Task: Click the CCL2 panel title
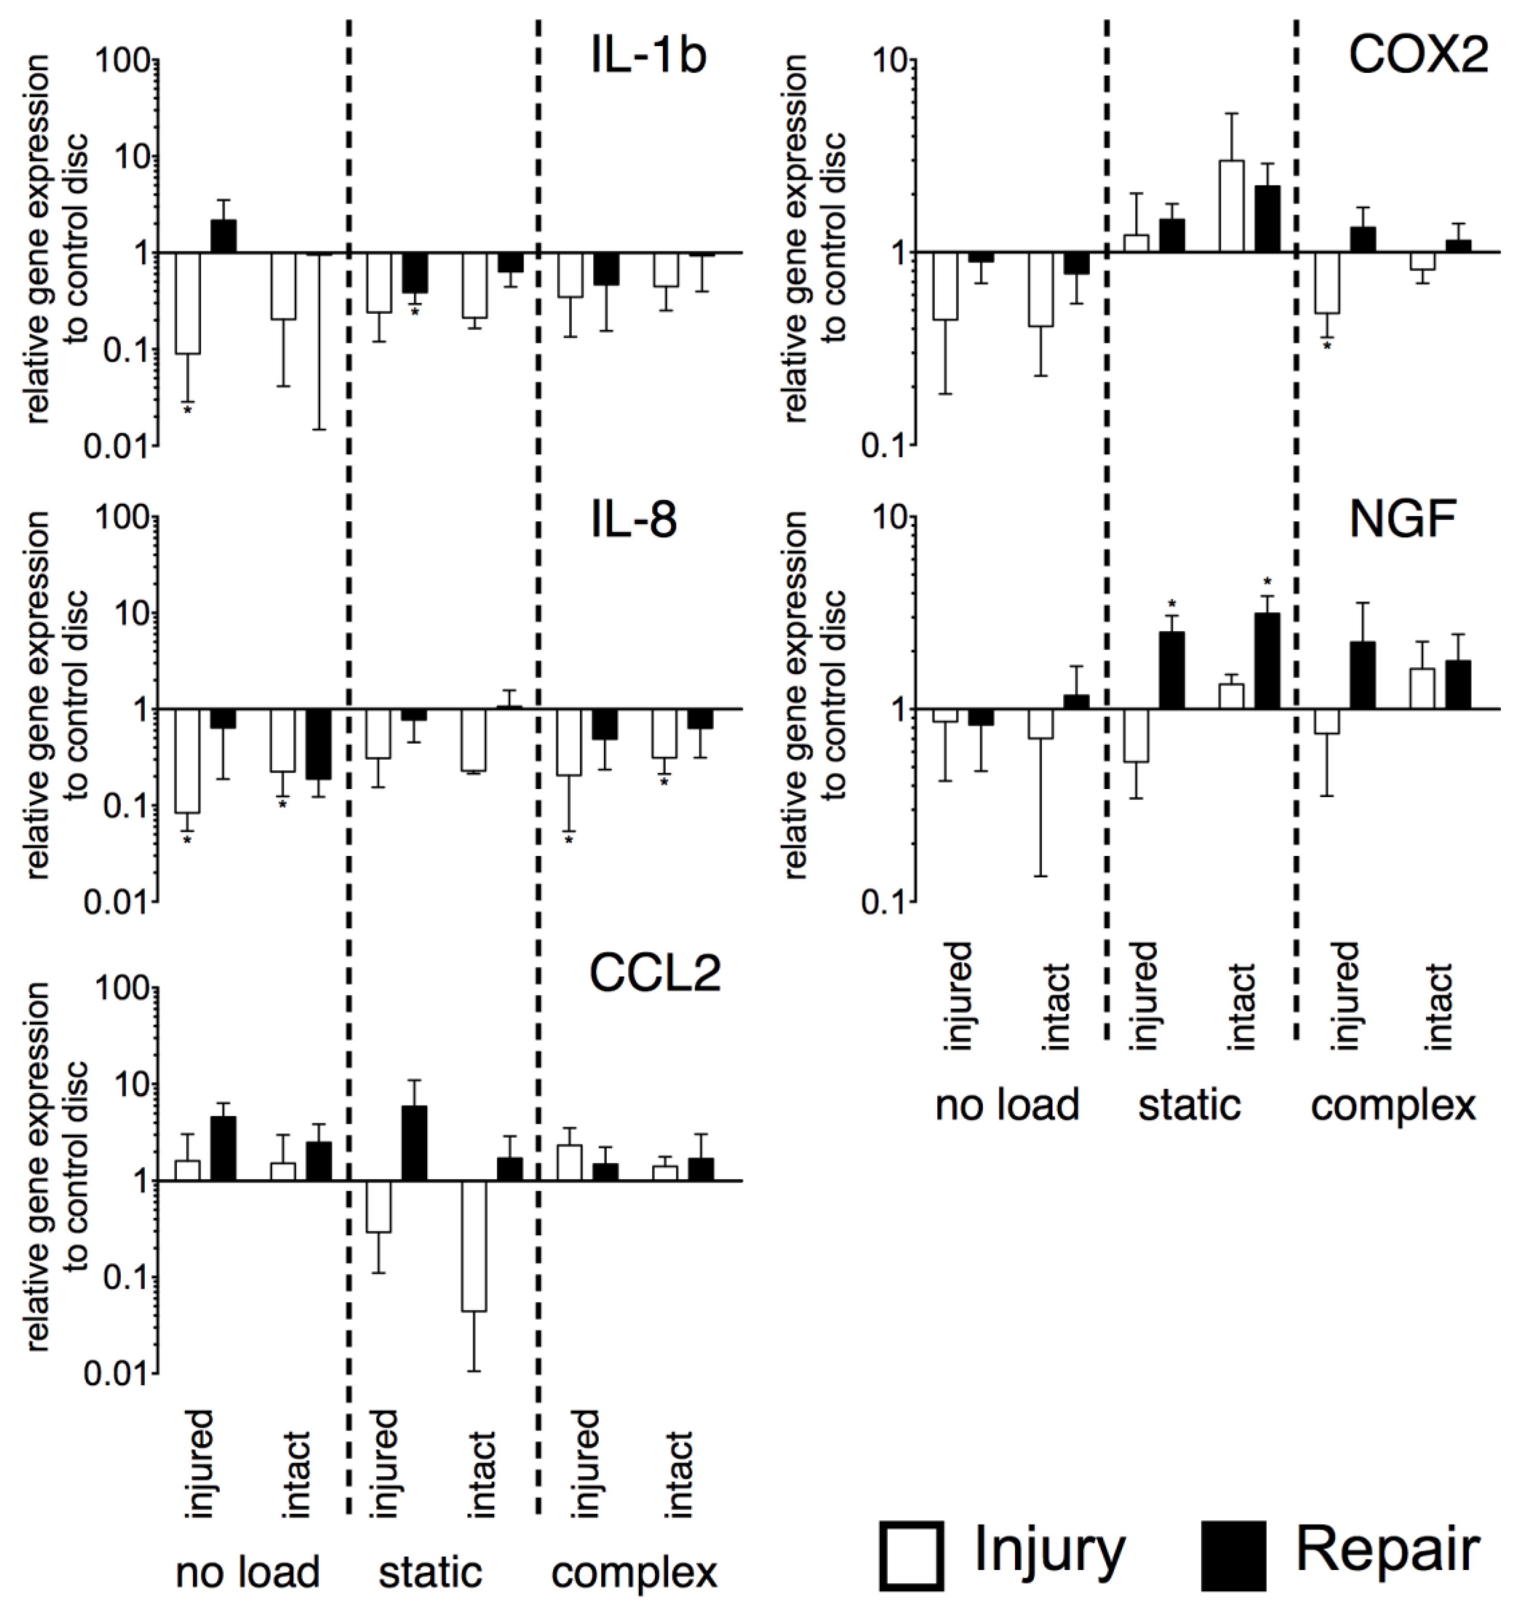click(654, 972)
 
